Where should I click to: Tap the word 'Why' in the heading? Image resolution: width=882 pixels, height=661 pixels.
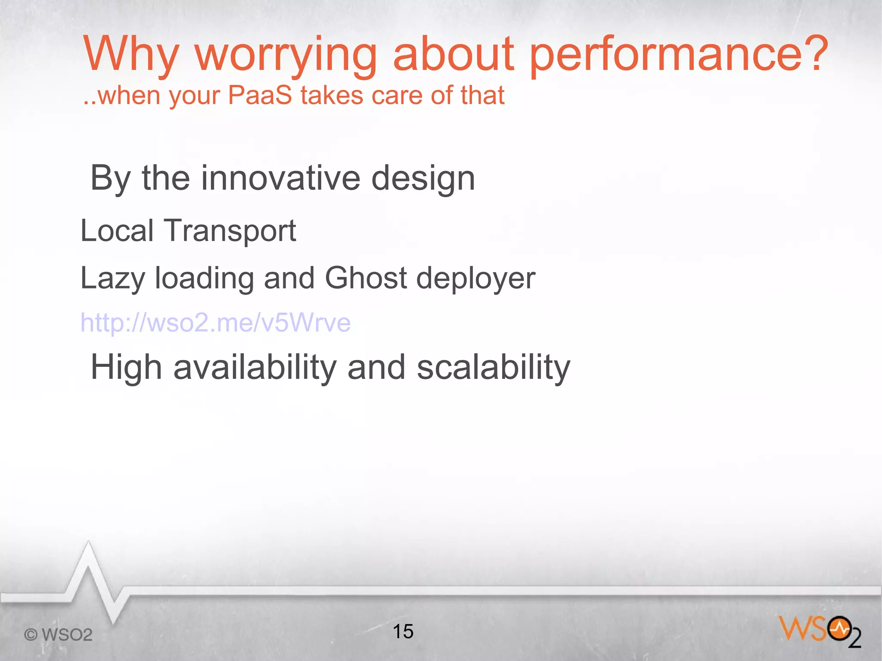tap(130, 55)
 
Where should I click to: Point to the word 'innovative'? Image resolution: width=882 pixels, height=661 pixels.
tap(280, 178)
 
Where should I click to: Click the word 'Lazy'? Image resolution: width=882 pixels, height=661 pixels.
tap(112, 279)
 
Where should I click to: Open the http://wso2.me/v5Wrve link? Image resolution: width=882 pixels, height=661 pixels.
tap(215, 323)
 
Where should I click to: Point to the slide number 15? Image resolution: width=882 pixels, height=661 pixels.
tap(403, 631)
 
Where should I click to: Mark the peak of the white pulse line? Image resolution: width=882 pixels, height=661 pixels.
tap(89, 543)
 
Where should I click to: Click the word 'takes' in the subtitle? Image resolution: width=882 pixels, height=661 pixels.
tap(332, 95)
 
